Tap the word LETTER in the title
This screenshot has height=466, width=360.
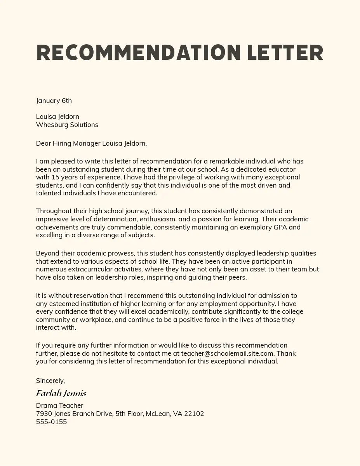[x=285, y=53]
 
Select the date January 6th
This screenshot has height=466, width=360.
[x=54, y=101]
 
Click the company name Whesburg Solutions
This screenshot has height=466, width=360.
[x=67, y=125]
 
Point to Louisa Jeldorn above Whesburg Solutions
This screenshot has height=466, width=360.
[x=57, y=116]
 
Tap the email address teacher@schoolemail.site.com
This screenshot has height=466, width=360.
[x=228, y=353]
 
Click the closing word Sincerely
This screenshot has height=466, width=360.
[x=50, y=381]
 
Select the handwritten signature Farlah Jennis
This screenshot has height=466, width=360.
[x=61, y=393]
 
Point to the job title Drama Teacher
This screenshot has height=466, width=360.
[x=59, y=405]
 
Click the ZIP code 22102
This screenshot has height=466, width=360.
[x=194, y=414]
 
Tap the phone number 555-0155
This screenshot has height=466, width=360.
[x=51, y=422]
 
